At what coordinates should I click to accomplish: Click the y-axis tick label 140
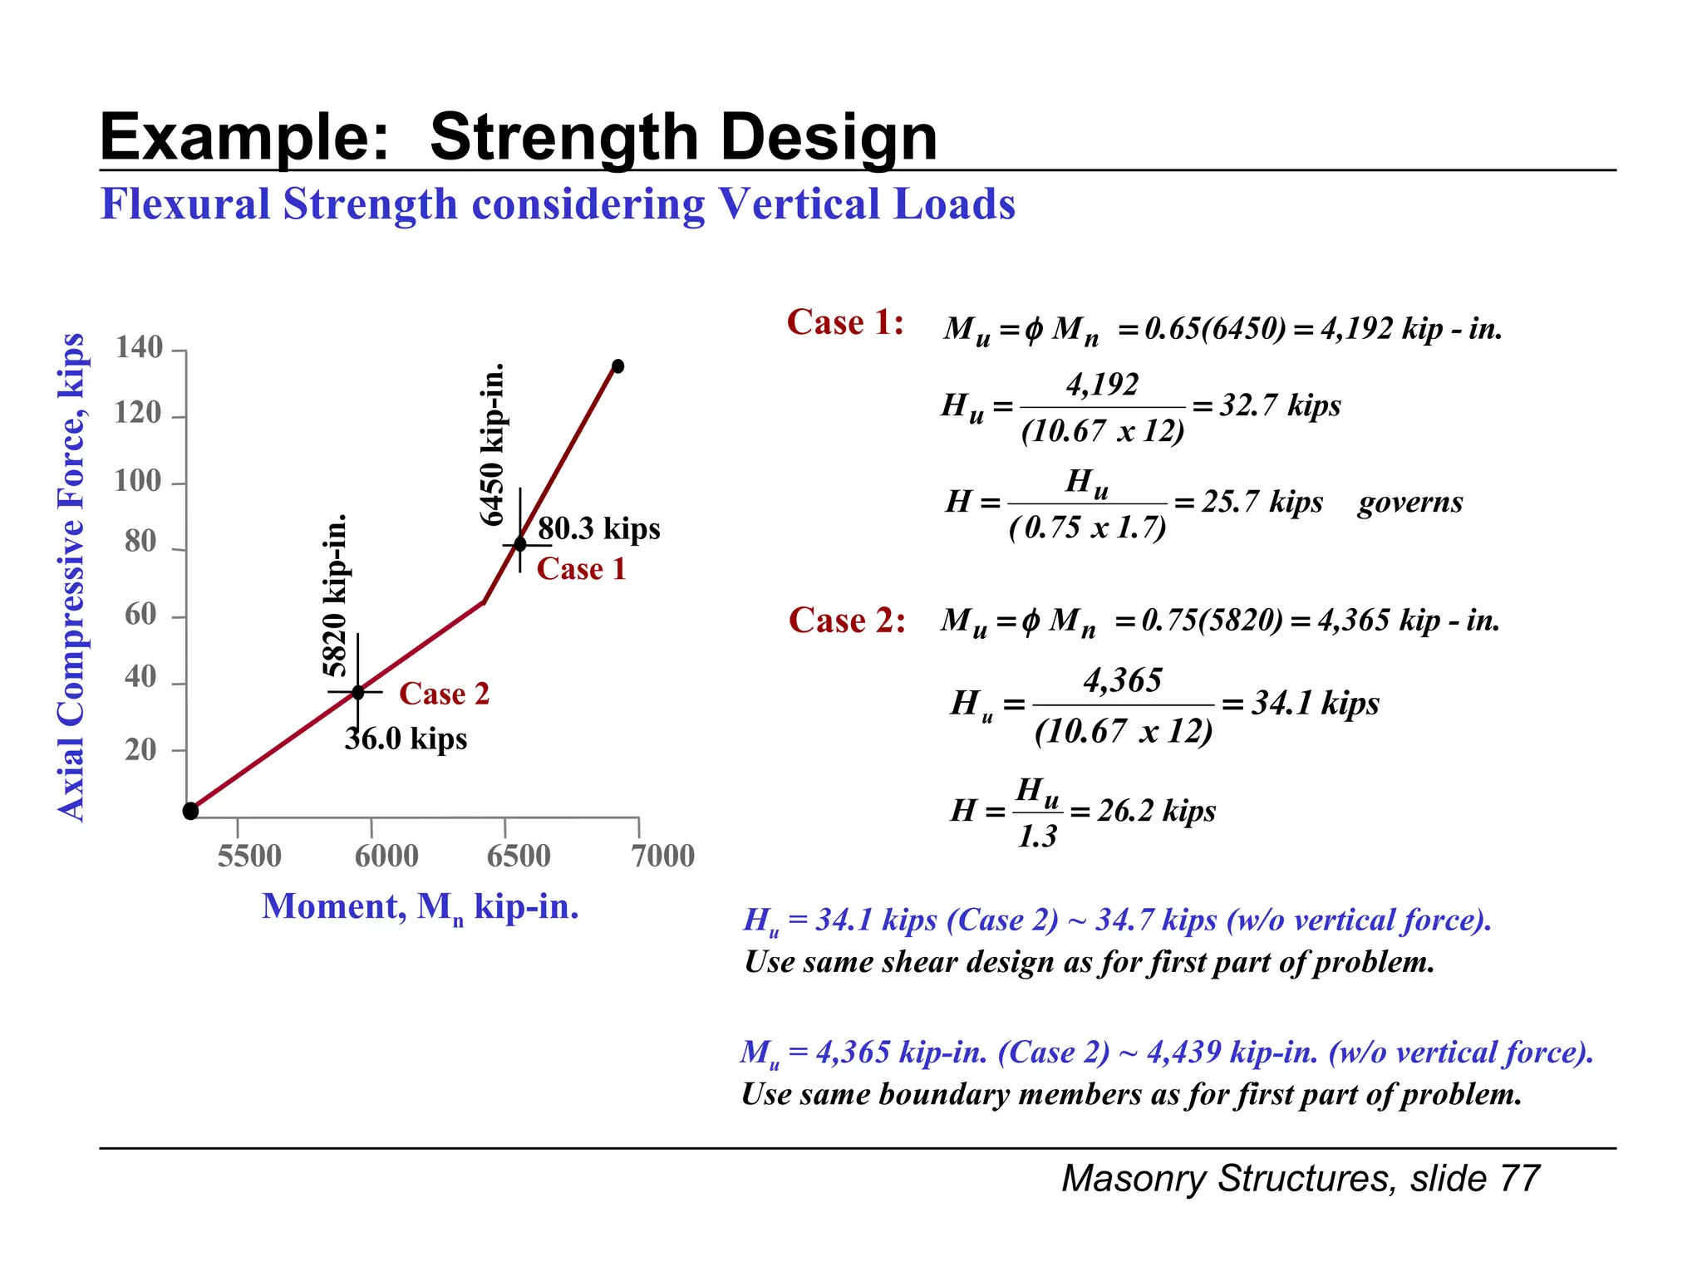[139, 347]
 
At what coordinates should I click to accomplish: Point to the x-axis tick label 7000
[662, 856]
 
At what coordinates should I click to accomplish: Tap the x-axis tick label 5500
[249, 856]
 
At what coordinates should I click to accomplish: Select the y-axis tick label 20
[140, 749]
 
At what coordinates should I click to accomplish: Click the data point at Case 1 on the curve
[520, 544]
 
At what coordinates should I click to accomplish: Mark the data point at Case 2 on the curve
[358, 692]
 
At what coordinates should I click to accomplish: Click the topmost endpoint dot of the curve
[617, 366]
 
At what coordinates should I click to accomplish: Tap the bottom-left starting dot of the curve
[190, 811]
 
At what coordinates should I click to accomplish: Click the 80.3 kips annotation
[598, 528]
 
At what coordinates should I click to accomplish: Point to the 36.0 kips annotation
[406, 739]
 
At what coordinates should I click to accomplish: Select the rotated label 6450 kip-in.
[493, 444]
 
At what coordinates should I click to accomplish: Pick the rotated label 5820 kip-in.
[334, 596]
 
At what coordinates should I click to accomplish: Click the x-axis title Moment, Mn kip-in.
[420, 906]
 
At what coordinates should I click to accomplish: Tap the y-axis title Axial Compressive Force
[71, 577]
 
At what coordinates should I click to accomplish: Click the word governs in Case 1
[1409, 502]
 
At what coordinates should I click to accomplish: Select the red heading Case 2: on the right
[847, 621]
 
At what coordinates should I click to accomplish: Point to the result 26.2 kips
[1156, 810]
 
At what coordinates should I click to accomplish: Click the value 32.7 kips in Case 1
[1280, 405]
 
